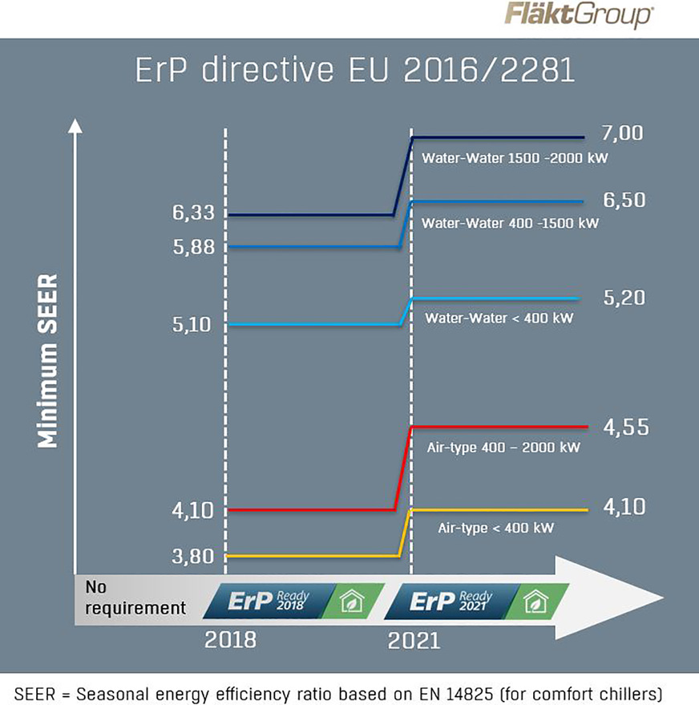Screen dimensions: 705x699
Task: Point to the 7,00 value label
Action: (623, 134)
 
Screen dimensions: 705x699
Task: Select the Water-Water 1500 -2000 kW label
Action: (515, 159)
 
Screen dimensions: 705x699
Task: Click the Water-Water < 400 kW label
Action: (499, 318)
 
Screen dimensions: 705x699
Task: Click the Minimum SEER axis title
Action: (49, 360)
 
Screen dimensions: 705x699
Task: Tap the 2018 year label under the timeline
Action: (231, 640)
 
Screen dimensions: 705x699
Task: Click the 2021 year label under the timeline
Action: (414, 640)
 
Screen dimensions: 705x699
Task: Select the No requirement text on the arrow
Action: (133, 598)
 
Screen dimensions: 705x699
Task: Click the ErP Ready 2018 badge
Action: (269, 601)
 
